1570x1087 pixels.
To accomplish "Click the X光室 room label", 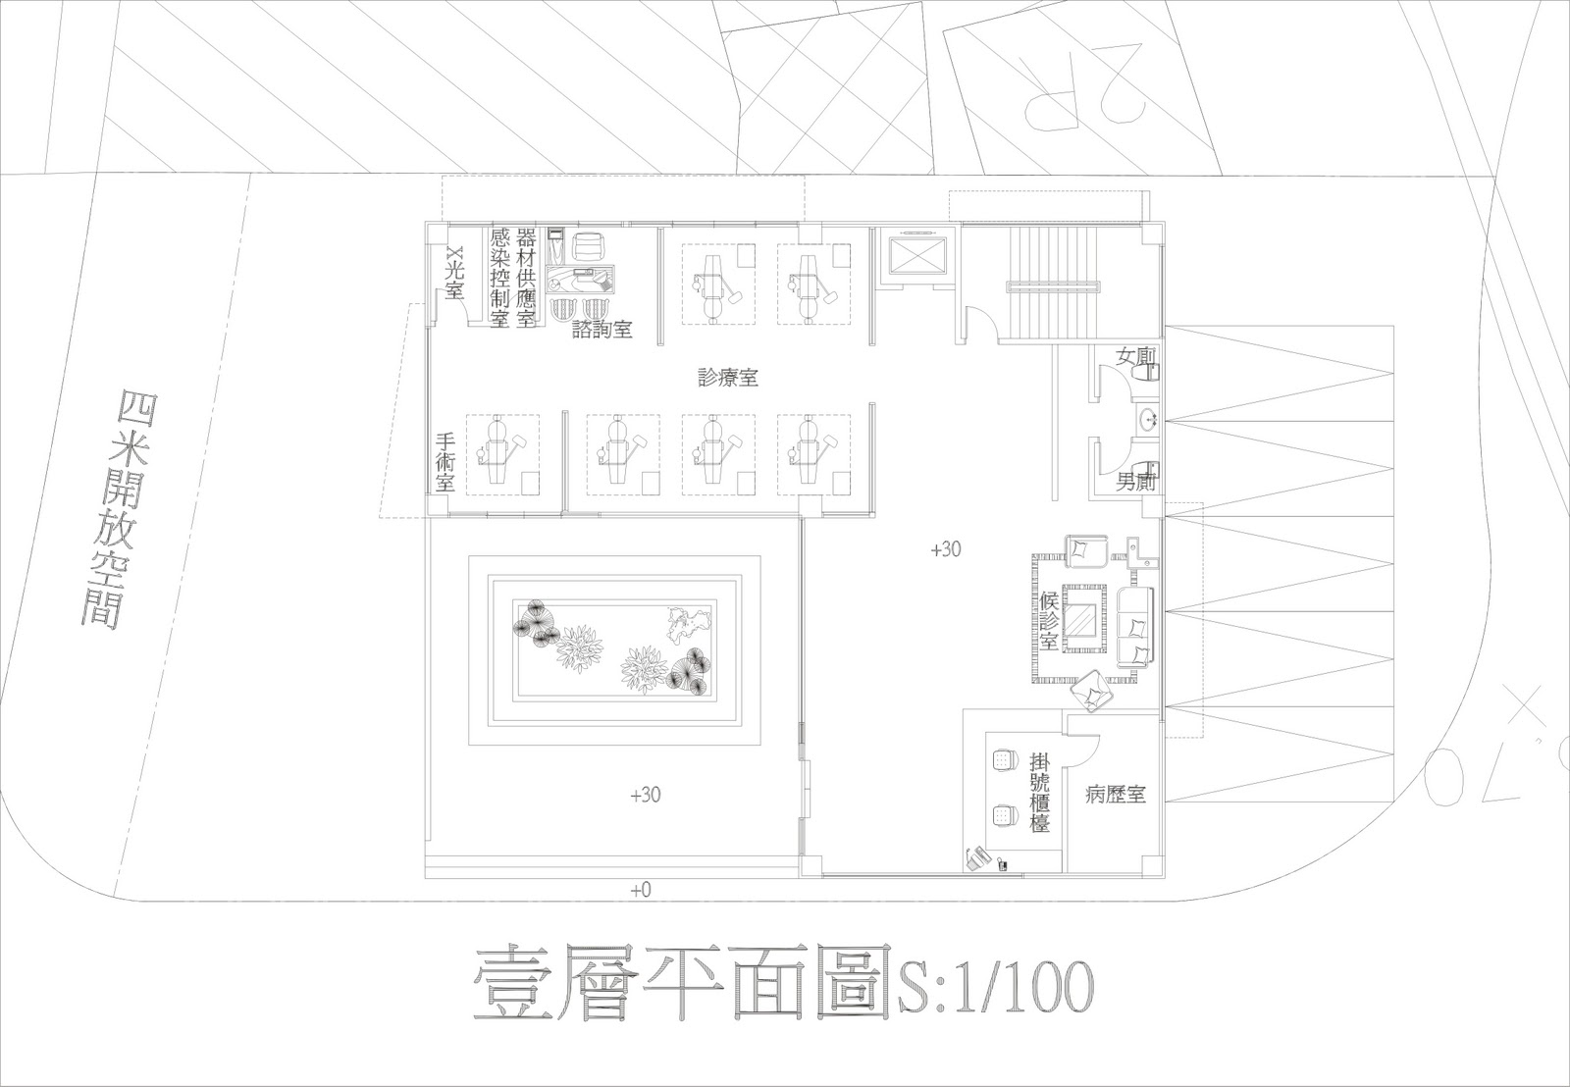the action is coord(453,273).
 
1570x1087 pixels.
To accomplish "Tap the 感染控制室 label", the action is coord(499,278).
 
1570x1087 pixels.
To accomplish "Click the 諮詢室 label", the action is coord(602,330).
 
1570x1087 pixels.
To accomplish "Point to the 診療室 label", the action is coord(727,377).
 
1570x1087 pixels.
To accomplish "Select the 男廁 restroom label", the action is coord(1136,482).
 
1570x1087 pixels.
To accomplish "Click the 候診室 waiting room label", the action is coord(1049,621).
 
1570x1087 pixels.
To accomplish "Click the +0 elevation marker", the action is coord(641,890).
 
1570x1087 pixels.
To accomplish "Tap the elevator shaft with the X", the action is coord(914,255).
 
